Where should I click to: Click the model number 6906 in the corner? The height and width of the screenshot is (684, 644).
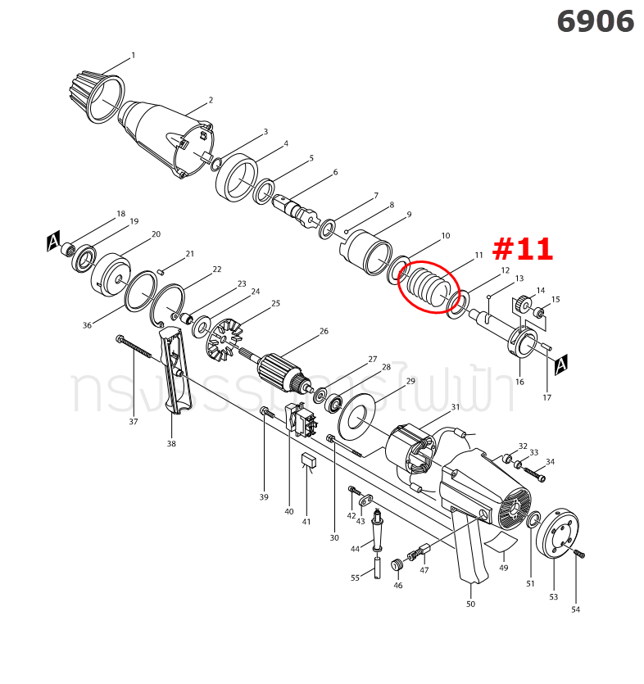click(595, 21)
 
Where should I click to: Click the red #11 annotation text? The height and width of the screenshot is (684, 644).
click(523, 249)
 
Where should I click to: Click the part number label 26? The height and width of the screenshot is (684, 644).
click(324, 331)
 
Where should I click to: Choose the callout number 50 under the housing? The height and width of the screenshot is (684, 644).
click(470, 604)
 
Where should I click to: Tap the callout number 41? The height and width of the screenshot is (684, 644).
click(306, 522)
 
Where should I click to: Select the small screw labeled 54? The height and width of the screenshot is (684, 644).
click(579, 554)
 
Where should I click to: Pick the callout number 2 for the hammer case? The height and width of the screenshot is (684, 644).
click(211, 100)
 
